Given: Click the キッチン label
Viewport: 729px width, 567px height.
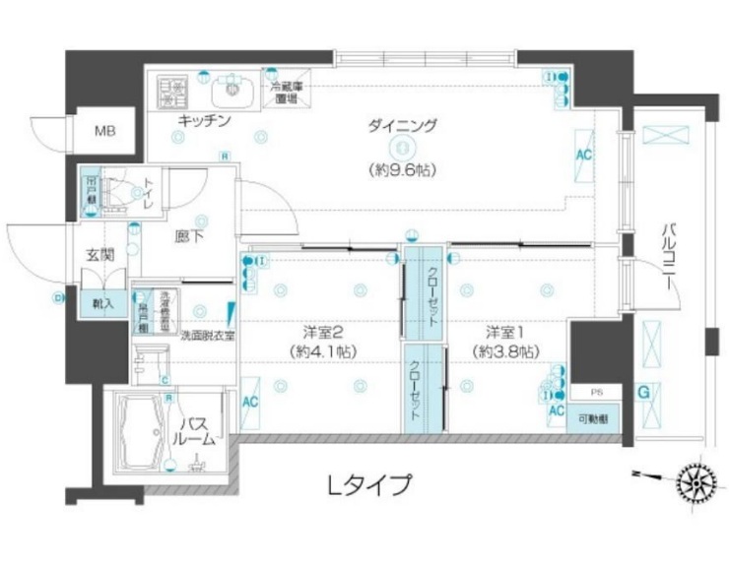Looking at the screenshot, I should coord(204,121).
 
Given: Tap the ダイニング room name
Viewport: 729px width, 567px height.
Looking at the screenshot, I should coord(402,126).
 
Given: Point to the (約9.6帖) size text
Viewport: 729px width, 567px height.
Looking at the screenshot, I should coord(402,168).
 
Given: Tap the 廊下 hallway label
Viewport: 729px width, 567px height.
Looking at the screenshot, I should coord(189,235).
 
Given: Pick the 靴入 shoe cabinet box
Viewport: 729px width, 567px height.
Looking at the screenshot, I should coord(103,302).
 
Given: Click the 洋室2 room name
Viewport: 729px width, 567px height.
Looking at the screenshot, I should coord(322,331).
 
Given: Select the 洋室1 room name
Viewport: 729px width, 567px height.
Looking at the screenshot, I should coord(504,331).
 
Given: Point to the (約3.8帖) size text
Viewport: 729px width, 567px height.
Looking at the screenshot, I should coord(504,350).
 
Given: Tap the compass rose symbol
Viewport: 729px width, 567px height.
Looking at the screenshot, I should coord(696,482).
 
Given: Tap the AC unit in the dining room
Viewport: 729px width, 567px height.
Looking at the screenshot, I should coord(583,157).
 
